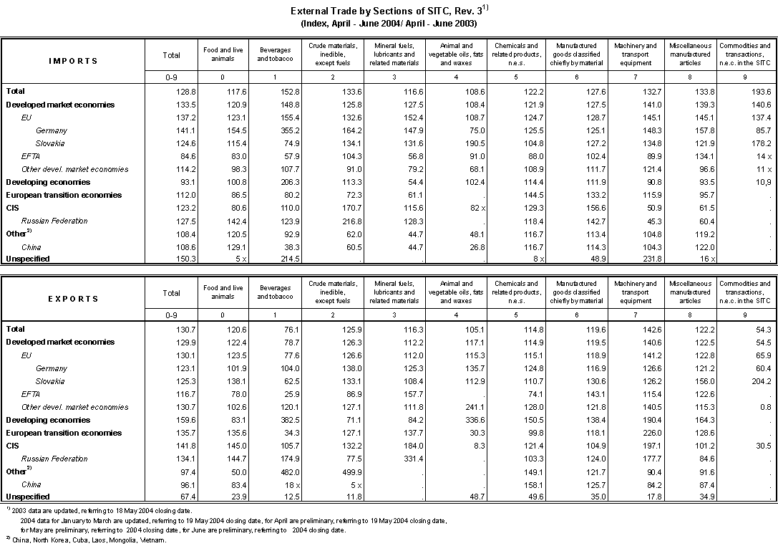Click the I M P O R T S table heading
(x=74, y=61)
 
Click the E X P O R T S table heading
(x=74, y=299)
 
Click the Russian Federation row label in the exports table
(x=54, y=459)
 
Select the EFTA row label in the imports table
(x=31, y=156)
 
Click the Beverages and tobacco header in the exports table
(x=275, y=292)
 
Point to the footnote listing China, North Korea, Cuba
(x=86, y=540)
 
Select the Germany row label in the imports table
(x=52, y=130)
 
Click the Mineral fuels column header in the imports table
(x=394, y=54)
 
